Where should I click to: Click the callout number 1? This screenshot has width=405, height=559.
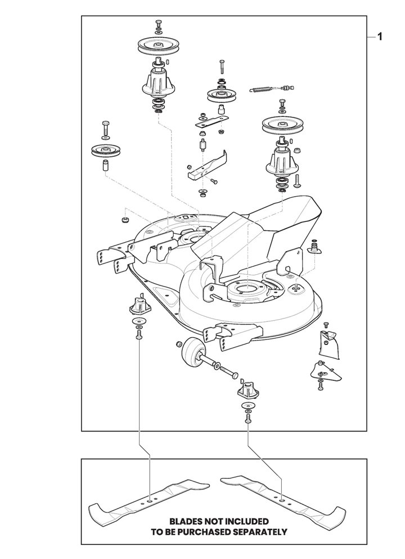(381, 38)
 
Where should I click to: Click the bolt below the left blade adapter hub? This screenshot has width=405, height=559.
(138, 335)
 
